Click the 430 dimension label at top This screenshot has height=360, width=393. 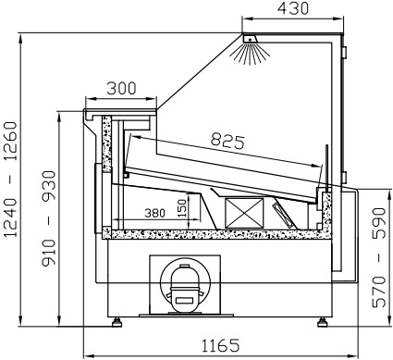point(292,8)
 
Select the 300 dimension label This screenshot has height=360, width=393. point(121,89)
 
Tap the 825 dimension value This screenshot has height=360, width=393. point(227,141)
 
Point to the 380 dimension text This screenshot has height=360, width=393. point(154,213)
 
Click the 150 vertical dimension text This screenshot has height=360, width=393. point(182,208)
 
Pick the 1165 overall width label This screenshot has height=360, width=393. point(220,345)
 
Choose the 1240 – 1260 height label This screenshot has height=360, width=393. point(11,180)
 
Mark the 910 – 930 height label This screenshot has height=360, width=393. point(49,218)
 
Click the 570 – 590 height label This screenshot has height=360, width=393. point(379,258)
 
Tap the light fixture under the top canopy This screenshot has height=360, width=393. point(250,39)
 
